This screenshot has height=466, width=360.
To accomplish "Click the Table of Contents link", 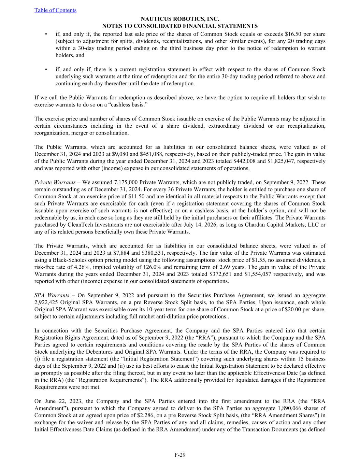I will coord(55,10).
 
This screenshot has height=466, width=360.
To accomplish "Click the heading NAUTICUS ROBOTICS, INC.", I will coord(180,19).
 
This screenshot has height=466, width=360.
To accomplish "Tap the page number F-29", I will coord(180,454).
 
